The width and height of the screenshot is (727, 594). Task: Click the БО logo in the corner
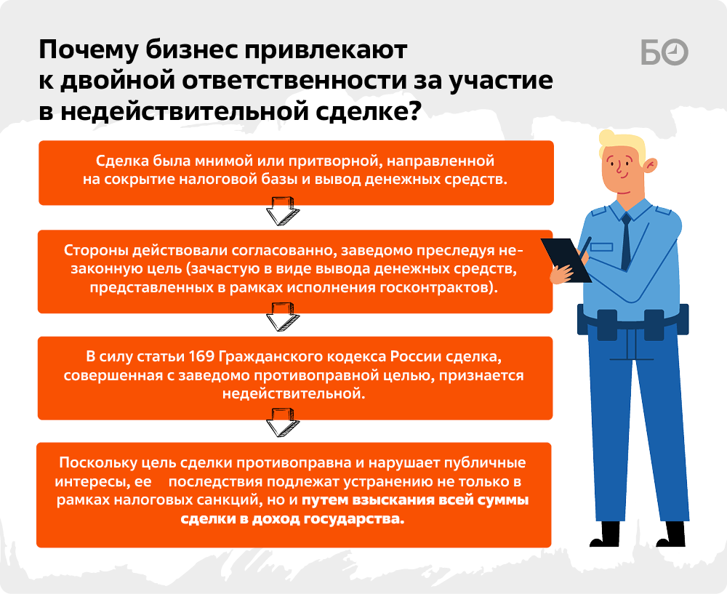click(x=664, y=52)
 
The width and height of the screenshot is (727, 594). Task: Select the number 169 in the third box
click(x=201, y=356)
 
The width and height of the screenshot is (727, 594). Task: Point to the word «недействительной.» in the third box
click(x=294, y=393)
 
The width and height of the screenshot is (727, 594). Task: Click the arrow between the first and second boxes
click(x=282, y=211)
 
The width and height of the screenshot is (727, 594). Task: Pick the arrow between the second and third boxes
click(x=282, y=317)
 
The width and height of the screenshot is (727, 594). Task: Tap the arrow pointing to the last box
click(x=282, y=422)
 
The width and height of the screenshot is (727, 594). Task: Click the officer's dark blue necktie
click(x=626, y=241)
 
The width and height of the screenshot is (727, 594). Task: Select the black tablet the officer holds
click(x=566, y=260)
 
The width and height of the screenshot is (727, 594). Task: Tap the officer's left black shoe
click(x=606, y=534)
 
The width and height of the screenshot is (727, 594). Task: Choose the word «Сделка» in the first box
click(x=121, y=161)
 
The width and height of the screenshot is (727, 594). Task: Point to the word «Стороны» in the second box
click(x=96, y=250)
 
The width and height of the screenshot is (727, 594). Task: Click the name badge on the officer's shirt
click(x=601, y=247)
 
